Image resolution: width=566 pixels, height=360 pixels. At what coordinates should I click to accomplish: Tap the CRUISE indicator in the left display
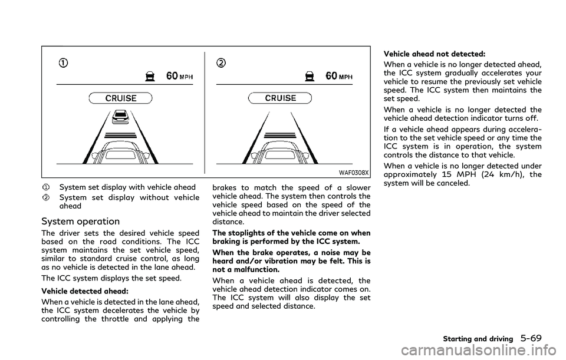(x=120, y=97)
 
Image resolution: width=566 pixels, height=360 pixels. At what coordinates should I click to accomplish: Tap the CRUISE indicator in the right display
(x=282, y=97)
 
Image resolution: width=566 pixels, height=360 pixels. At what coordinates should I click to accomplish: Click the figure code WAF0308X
(x=355, y=173)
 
